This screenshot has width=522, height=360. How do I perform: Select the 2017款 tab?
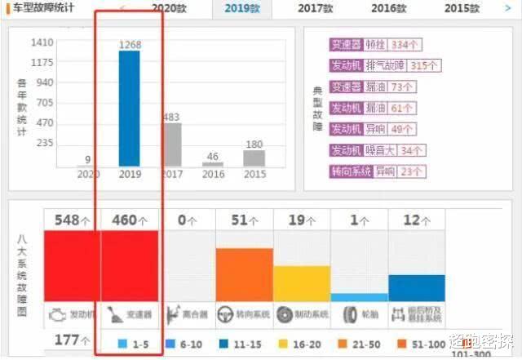point(315,8)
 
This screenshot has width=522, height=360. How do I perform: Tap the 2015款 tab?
point(462,8)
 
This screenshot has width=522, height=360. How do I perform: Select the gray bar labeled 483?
point(171,145)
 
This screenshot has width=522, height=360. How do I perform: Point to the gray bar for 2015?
point(254,158)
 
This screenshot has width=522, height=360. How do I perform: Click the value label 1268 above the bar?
point(129,45)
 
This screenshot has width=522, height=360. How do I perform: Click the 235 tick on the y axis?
point(44,143)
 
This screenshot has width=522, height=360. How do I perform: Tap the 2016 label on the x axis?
point(213,174)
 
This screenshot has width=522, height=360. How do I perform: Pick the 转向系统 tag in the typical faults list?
point(350,171)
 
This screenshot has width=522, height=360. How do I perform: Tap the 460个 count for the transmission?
point(129,220)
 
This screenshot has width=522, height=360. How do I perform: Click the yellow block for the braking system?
point(301,282)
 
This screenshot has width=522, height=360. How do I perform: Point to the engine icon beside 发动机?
point(57,313)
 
